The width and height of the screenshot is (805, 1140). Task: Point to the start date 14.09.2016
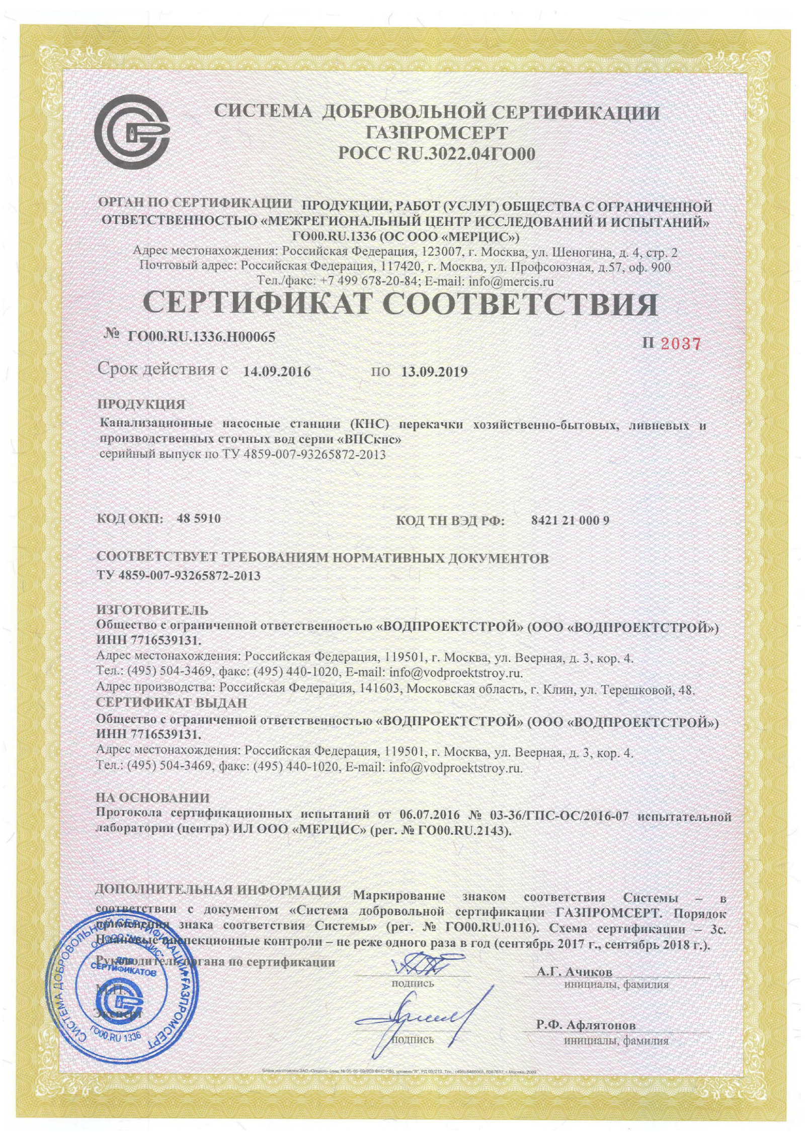pyautogui.click(x=277, y=372)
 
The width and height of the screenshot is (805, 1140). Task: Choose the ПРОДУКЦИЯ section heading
pyautogui.click(x=140, y=404)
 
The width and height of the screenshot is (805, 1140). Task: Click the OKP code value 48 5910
pyautogui.click(x=199, y=518)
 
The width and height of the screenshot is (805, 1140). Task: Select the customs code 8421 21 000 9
pyautogui.click(x=570, y=520)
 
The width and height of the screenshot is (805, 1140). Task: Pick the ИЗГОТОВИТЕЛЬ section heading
pyautogui.click(x=152, y=611)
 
